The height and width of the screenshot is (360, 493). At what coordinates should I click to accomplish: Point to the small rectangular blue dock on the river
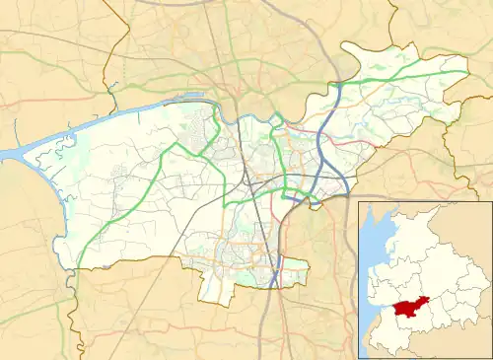pyautogui.click(x=188, y=98)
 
